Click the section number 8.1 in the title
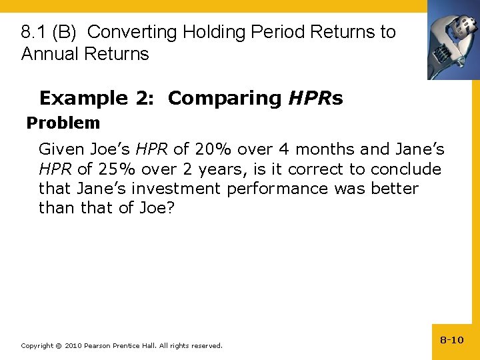(33, 32)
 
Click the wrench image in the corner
(453, 39)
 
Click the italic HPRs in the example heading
(315, 99)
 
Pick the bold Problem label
(63, 123)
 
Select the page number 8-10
(451, 340)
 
